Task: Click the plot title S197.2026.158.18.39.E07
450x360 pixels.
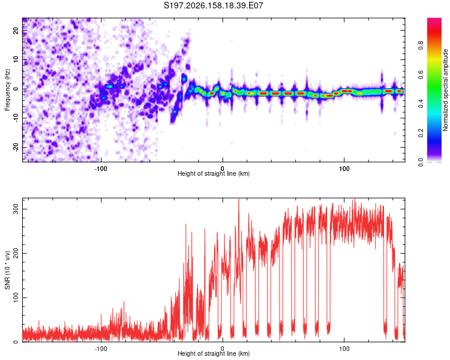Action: coord(213,5)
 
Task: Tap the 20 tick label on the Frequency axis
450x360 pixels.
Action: coord(16,31)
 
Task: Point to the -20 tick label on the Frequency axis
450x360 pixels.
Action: coord(16,148)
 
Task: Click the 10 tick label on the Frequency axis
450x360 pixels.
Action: coord(16,60)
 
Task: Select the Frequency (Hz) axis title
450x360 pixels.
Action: coord(7,89)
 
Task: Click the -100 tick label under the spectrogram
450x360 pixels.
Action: coord(101,169)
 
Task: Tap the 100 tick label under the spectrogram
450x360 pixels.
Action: coord(344,169)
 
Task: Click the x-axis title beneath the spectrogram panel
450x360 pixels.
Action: coord(214,173)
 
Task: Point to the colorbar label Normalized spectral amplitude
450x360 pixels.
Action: coord(445,90)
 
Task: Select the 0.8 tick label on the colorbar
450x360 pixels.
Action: coord(421,46)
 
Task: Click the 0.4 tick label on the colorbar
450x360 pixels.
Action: coord(421,104)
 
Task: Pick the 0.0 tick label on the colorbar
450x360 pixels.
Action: coord(421,163)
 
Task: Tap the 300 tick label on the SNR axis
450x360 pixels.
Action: coord(16,209)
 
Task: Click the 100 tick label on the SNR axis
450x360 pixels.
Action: coord(16,298)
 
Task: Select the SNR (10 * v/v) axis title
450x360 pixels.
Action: coord(7,270)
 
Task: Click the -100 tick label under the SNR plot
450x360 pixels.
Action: coord(101,349)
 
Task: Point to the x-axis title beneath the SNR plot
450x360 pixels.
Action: coord(214,353)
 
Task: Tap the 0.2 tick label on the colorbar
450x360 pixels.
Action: coord(421,133)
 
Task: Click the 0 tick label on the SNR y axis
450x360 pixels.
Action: coord(16,341)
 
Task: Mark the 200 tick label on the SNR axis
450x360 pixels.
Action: coord(16,253)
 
